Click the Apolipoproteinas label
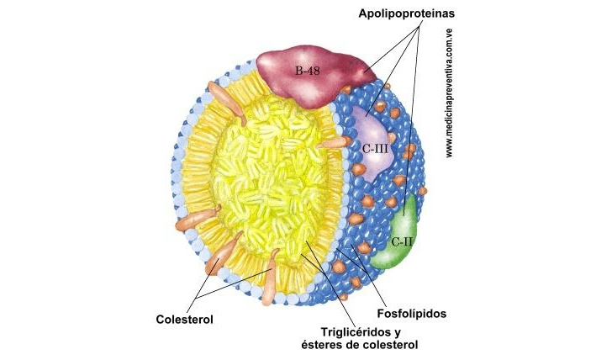point(406,13)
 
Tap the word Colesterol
point(184,320)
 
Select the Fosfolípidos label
point(412,314)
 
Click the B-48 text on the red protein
point(308,71)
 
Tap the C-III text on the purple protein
point(375,148)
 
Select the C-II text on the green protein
point(402,241)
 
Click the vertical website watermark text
point(449,93)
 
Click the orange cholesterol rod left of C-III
point(334,143)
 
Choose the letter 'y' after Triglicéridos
point(398,333)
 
